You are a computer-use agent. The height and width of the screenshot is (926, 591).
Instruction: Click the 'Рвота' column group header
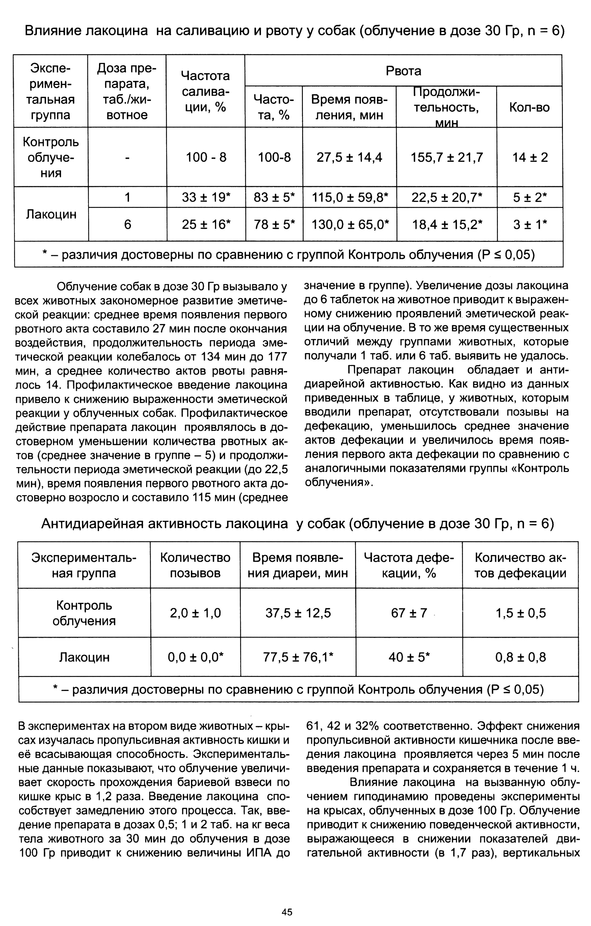pyautogui.click(x=403, y=71)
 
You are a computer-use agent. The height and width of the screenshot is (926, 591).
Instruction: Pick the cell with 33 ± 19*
pyautogui.click(x=206, y=197)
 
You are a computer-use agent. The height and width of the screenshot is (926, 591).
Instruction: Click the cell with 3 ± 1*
pyautogui.click(x=530, y=224)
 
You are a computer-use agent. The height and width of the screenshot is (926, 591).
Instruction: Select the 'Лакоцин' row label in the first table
pyautogui.click(x=51, y=214)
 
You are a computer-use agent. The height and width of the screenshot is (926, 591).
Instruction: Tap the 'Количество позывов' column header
pyautogui.click(x=195, y=565)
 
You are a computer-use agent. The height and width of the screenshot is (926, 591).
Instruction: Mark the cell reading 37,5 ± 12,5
pyautogui.click(x=298, y=613)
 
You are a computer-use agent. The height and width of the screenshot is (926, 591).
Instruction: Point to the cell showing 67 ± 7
pyautogui.click(x=409, y=613)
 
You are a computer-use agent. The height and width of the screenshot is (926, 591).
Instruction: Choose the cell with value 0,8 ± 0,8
pyautogui.click(x=521, y=657)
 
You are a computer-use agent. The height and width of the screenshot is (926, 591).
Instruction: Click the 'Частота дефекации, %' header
pyautogui.click(x=409, y=565)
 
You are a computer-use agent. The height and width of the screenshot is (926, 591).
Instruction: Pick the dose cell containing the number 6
pyautogui.click(x=128, y=224)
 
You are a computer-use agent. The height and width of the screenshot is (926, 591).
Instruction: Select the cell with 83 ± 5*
pyautogui.click(x=274, y=197)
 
